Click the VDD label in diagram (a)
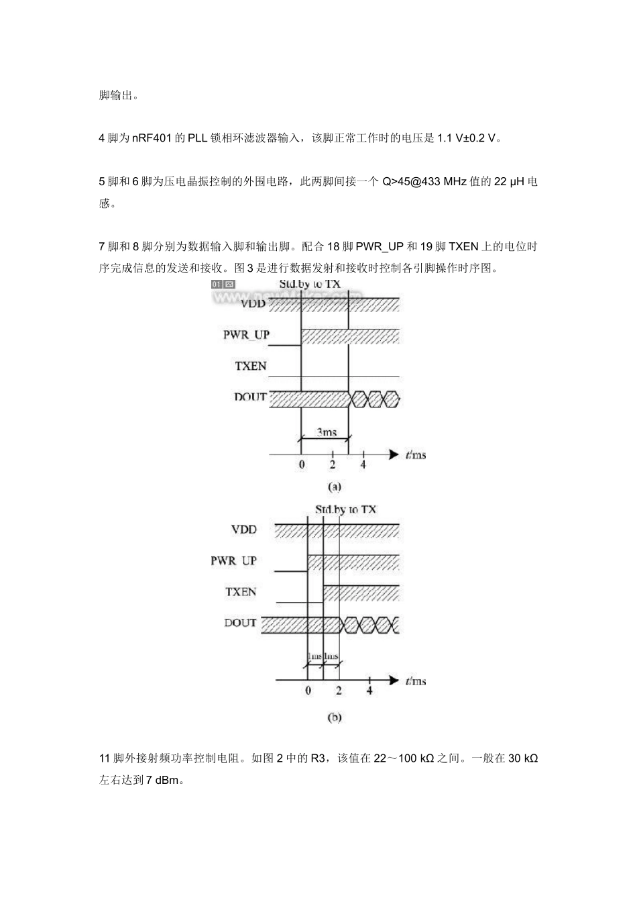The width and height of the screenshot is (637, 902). (253, 303)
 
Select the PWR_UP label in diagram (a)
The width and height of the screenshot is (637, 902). (246, 334)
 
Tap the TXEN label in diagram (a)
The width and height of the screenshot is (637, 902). (251, 366)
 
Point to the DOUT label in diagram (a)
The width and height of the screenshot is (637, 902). (250, 397)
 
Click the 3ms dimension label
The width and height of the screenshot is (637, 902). (326, 432)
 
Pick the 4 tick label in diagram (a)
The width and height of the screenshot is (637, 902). (363, 464)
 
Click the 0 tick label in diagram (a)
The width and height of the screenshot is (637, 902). (302, 464)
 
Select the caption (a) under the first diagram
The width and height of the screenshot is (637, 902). (334, 487)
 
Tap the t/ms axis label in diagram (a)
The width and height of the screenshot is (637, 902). (416, 455)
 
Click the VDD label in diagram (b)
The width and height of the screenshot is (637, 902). (244, 530)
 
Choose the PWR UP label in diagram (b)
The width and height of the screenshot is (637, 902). (234, 560)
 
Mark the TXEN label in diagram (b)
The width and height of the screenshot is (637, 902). (241, 592)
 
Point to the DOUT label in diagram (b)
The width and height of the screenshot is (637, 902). (240, 623)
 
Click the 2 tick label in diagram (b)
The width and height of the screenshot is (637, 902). (339, 691)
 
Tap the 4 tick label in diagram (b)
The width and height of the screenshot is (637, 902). (369, 691)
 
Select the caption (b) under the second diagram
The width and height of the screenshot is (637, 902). (334, 717)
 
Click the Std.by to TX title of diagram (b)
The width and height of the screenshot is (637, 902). (345, 509)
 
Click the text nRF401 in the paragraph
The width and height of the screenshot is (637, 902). (151, 138)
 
